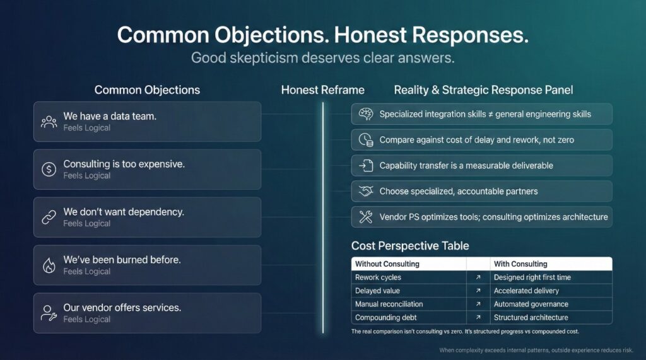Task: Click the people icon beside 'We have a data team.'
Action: click(x=49, y=122)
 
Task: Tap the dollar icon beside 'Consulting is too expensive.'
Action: click(x=49, y=170)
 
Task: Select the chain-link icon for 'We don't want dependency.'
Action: click(x=49, y=218)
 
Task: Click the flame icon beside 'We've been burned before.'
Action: click(x=49, y=265)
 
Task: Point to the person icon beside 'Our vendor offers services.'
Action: click(x=49, y=313)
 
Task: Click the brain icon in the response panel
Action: click(x=365, y=114)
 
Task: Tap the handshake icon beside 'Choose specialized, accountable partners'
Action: click(x=365, y=191)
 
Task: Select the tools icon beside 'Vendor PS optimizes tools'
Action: click(x=365, y=217)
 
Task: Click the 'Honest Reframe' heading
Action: click(x=322, y=90)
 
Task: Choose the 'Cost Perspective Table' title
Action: click(x=410, y=245)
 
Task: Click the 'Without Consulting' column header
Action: click(x=387, y=264)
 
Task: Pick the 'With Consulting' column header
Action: click(x=520, y=264)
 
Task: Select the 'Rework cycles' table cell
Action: click(x=378, y=277)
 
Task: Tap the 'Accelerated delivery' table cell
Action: click(x=526, y=291)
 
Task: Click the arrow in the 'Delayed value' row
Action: click(x=478, y=291)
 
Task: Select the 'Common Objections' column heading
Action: click(x=147, y=90)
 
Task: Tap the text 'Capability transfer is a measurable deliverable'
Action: click(x=466, y=165)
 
